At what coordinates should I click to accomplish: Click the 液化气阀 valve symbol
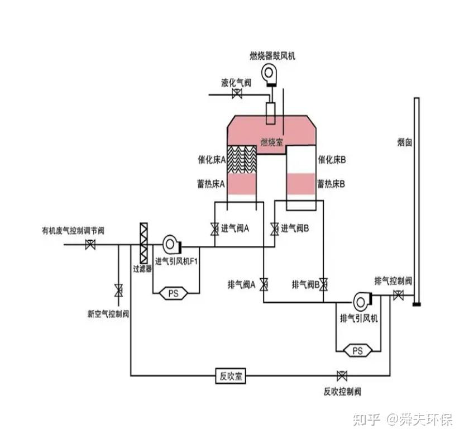tap(237, 94)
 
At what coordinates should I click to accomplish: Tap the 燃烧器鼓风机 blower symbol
tap(269, 75)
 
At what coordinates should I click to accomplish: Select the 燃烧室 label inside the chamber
tap(271, 142)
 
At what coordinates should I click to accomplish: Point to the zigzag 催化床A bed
tap(242, 159)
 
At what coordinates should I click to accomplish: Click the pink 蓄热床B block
tap(301, 184)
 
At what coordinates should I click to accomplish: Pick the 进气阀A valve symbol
tap(214, 229)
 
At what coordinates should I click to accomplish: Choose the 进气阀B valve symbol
tap(274, 229)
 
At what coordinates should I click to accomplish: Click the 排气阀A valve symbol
tap(264, 284)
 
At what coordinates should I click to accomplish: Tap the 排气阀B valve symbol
tap(323, 284)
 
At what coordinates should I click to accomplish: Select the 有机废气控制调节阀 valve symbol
tap(90, 245)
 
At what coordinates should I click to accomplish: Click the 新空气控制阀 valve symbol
tap(118, 290)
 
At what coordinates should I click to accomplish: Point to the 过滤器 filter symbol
tap(143, 243)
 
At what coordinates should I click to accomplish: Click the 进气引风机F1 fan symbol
tap(171, 245)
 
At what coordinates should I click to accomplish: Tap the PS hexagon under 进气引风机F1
tap(174, 293)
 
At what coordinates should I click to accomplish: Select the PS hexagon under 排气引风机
tap(357, 351)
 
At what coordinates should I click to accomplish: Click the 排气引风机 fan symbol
tap(362, 302)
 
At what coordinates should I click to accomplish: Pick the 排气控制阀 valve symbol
tap(398, 295)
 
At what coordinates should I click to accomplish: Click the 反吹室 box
tap(231, 376)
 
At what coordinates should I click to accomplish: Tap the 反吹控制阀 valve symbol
tap(342, 375)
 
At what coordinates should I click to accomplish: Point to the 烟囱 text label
tap(404, 142)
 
